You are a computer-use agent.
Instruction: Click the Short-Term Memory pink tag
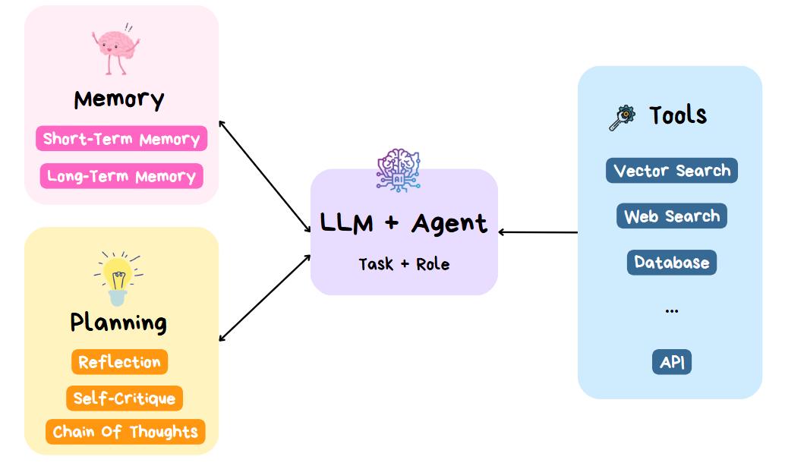121,138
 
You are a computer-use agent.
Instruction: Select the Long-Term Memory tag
121,176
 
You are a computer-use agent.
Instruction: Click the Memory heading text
119,99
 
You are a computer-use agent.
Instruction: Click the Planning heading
118,323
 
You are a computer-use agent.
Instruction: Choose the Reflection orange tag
119,362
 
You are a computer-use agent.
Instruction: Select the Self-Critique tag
125,398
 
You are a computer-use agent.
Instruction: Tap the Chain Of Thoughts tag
125,432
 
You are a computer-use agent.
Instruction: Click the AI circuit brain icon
399,170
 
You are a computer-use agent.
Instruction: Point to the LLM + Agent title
404,224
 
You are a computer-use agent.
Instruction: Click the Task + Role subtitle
404,264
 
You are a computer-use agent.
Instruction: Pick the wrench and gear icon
622,118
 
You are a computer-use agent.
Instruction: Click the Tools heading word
678,115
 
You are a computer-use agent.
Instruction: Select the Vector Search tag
672,170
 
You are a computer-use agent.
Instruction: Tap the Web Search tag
672,216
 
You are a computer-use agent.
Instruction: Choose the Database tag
672,263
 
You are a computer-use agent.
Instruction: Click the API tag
672,362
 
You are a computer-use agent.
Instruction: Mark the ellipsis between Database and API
672,310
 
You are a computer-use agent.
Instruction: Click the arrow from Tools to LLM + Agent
538,232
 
